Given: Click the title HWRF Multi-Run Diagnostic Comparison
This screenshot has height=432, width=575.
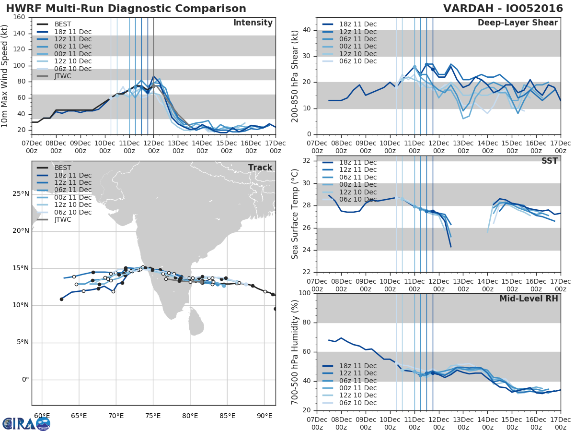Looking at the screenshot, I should click(x=126, y=9).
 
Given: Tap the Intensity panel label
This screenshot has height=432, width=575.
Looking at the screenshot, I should click(x=253, y=23).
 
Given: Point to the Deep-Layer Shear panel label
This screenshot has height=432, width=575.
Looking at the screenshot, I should click(x=517, y=23).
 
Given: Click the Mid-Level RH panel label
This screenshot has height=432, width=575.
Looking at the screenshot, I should click(x=529, y=299).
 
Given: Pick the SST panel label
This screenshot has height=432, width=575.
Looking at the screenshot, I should click(x=549, y=161).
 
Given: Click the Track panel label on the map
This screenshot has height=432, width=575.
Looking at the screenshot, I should click(x=260, y=168).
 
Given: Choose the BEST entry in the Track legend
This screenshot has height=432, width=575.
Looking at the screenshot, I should click(x=63, y=168).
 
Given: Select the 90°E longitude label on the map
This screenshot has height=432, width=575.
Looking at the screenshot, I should click(x=264, y=415).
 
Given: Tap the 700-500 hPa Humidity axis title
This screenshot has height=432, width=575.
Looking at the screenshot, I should click(x=296, y=351).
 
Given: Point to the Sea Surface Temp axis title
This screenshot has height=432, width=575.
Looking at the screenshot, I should click(x=296, y=214).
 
